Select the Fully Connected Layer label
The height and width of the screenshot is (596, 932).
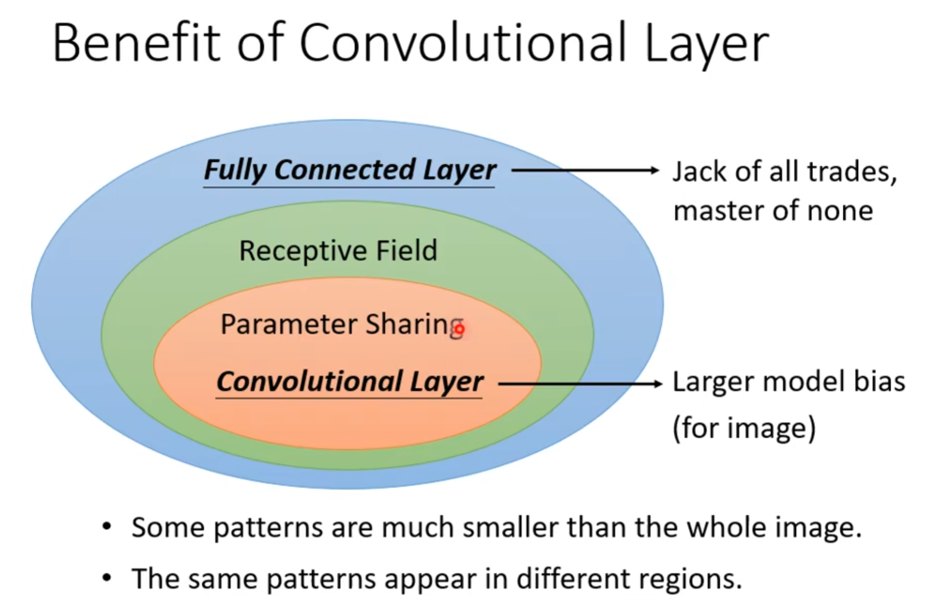point(350,170)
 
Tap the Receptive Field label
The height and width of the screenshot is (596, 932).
point(338,250)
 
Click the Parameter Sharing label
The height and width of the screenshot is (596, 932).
point(342,325)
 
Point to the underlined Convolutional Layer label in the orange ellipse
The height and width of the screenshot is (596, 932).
point(349,382)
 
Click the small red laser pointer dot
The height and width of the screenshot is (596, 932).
point(460,329)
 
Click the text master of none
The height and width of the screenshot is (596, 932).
point(773,210)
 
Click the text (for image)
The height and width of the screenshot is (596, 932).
point(744,428)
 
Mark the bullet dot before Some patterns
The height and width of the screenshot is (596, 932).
point(106,527)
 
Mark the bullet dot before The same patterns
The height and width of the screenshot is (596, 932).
point(106,578)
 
